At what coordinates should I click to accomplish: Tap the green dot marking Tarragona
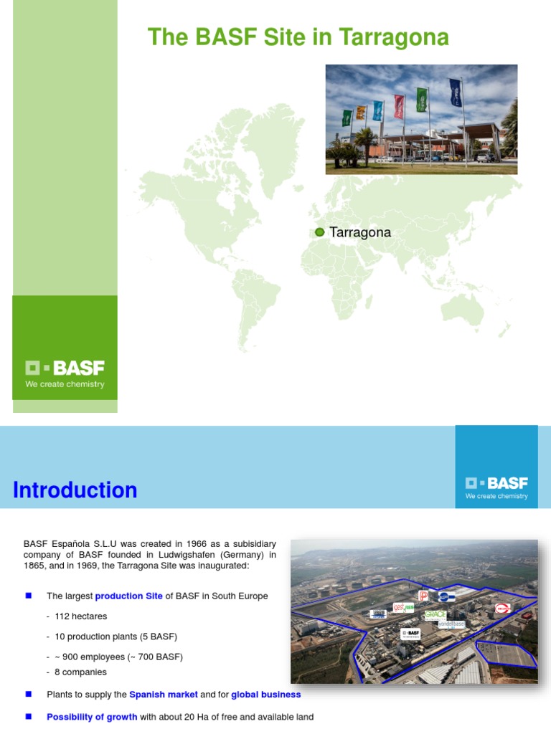(320, 232)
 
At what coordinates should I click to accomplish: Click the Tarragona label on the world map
(360, 232)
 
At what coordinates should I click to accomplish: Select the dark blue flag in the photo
(456, 92)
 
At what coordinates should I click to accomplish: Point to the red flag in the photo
(399, 106)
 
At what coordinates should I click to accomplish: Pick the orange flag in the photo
(361, 113)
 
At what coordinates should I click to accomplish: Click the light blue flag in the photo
(378, 110)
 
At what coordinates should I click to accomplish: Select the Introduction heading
(75, 490)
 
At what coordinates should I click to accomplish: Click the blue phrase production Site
(129, 596)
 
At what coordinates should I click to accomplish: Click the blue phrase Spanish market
(164, 695)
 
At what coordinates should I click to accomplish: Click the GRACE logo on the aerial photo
(435, 614)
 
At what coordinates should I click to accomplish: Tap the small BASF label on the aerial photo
(410, 634)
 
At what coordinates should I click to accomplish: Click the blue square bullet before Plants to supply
(29, 695)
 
